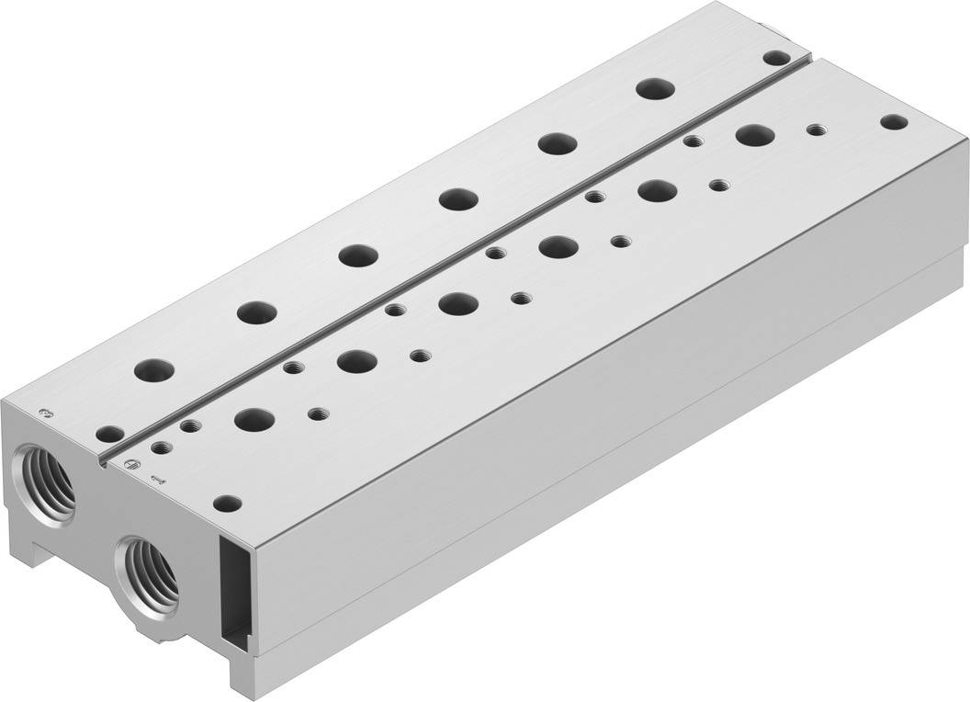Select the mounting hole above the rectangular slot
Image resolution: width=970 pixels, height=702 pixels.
227,503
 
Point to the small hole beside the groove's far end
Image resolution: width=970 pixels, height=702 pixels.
774,58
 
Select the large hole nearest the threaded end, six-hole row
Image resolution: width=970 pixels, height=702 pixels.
153,370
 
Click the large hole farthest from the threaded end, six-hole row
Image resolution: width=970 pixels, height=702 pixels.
656,88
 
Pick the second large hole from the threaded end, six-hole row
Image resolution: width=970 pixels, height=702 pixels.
256,312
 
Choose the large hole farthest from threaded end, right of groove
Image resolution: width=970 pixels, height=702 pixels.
753,134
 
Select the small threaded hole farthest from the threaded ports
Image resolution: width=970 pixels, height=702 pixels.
815,130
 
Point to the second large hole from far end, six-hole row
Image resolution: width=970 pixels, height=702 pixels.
556,143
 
